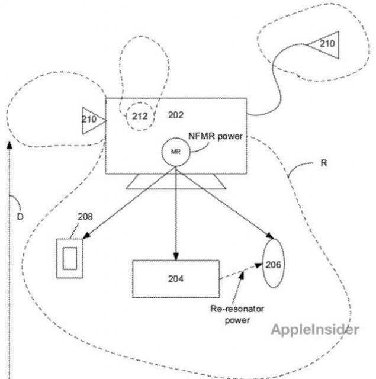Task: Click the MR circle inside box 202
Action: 176,151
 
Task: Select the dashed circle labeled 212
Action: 139,115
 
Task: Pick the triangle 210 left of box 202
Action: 93,120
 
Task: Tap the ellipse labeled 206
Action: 274,265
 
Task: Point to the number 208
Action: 85,216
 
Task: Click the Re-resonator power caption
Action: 230,314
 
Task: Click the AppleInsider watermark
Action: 315,329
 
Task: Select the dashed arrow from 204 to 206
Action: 240,274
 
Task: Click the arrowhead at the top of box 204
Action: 176,255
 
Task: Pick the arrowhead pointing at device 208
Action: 84,237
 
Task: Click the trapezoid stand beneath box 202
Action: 175,181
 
